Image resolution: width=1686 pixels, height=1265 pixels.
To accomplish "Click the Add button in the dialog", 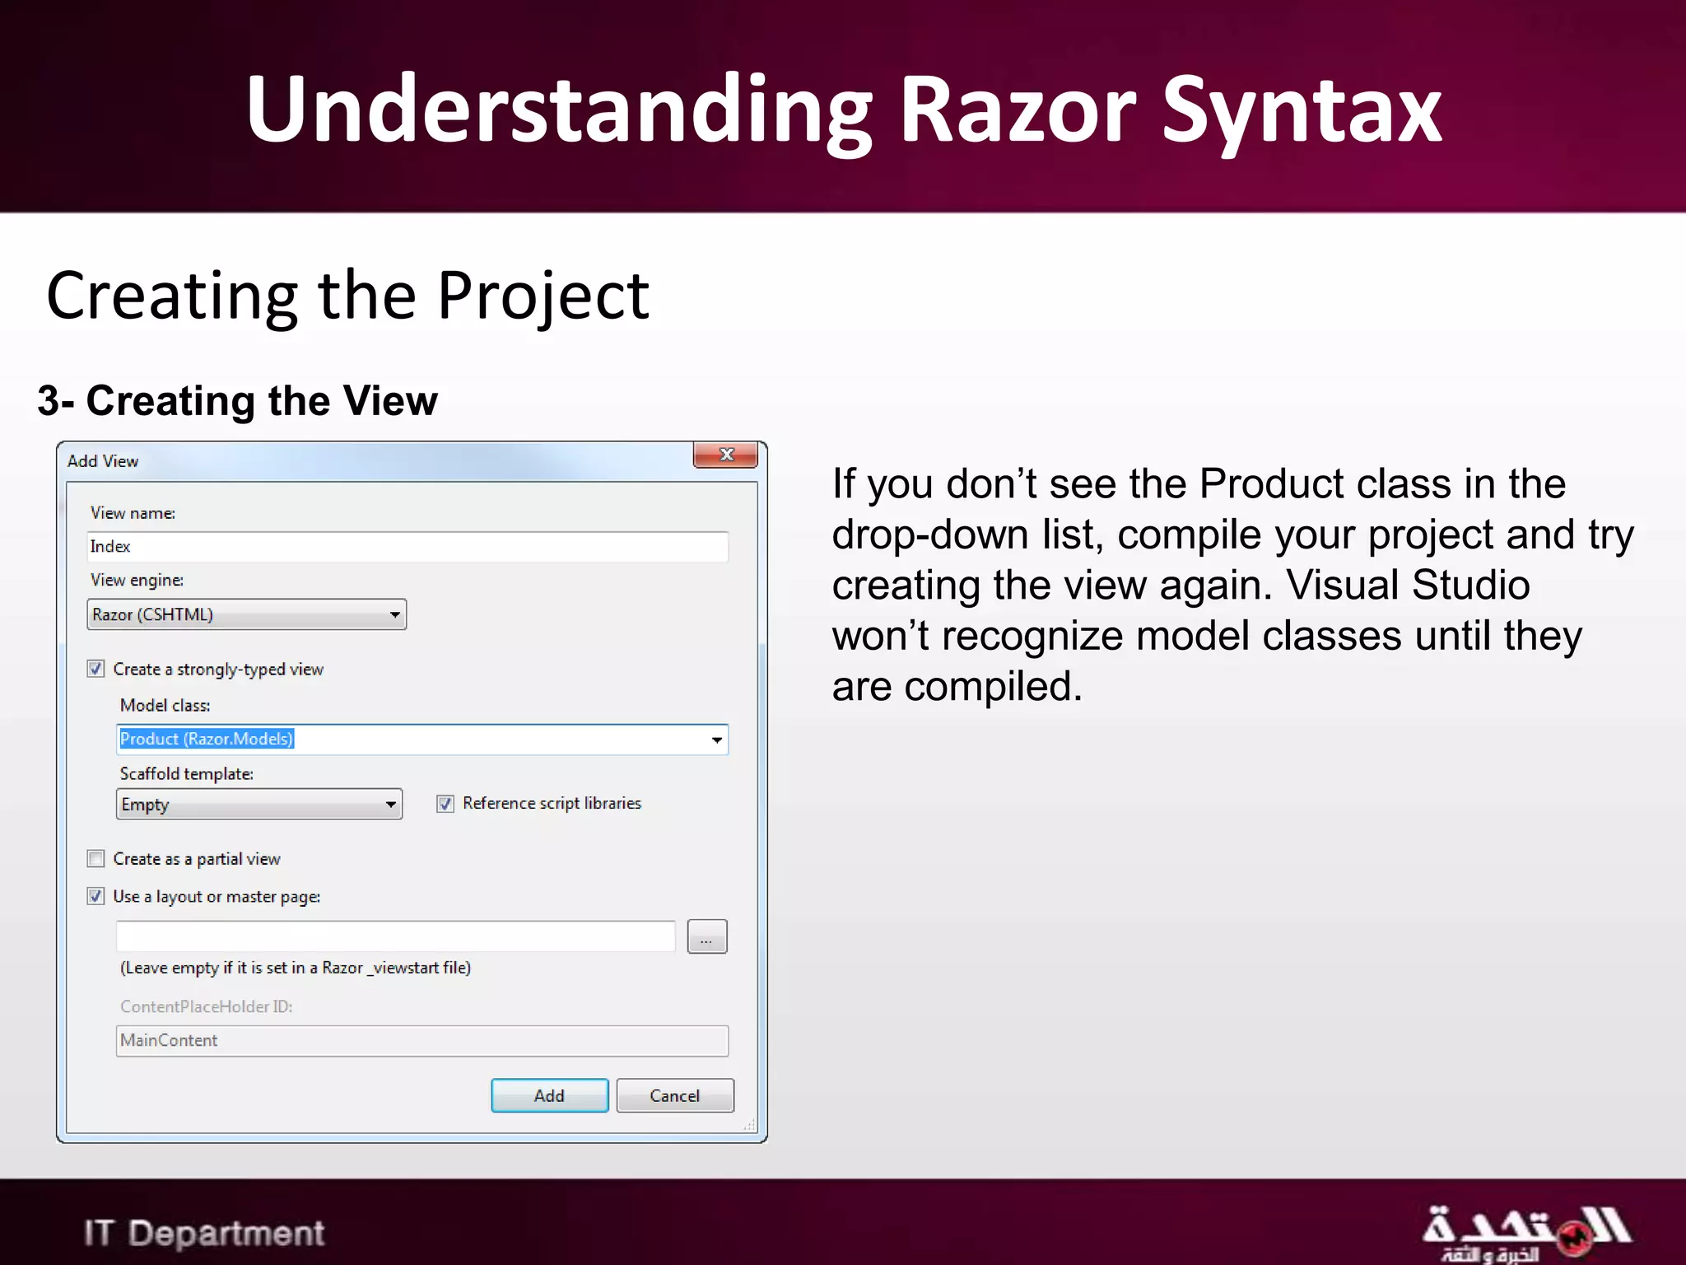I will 549,1095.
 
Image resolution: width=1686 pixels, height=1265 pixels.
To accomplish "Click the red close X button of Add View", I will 725,455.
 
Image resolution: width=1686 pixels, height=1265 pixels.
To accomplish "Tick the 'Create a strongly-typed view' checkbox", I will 96,669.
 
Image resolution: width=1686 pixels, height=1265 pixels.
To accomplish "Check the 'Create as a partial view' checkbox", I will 96,859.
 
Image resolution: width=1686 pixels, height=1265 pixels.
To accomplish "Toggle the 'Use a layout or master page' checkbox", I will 96,896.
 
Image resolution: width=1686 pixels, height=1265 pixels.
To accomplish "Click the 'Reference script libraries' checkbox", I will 445,804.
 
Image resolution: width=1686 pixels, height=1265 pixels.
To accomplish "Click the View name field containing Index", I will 408,547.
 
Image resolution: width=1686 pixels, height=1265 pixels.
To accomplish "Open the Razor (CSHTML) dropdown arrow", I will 395,615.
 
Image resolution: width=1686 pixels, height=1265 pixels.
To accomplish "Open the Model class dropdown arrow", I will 717,740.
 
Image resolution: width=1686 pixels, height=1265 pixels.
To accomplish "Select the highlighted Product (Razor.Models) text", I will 207,739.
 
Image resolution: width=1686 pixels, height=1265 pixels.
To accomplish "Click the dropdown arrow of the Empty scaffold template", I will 391,805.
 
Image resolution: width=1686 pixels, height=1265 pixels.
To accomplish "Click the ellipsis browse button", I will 707,937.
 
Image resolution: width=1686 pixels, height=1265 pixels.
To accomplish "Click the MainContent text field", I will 421,1041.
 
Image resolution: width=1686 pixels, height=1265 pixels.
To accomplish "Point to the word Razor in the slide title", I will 1018,110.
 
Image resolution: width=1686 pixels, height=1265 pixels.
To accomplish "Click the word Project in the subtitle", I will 543,296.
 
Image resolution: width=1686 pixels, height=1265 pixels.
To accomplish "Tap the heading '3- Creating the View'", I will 238,401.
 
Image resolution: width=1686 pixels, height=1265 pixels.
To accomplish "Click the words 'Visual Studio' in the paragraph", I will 1408,586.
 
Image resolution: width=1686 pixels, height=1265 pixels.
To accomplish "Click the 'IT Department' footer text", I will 204,1233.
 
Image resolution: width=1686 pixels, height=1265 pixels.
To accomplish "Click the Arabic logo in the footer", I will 1525,1232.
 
